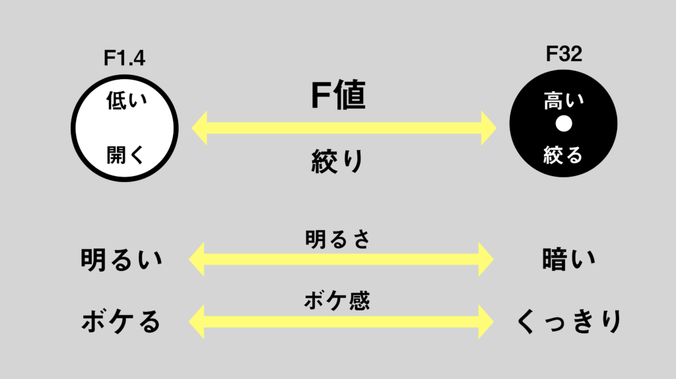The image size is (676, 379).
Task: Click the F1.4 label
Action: coord(124,58)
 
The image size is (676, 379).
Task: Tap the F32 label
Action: coord(564,54)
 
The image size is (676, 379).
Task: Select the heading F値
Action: coord(339,95)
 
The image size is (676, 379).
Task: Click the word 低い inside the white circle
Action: coord(126,100)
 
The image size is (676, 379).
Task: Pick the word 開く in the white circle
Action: coord(125,155)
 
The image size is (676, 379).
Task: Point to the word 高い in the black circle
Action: coord(564,100)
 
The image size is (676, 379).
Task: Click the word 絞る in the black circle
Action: coord(563,155)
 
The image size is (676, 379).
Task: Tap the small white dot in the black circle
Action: coord(564,124)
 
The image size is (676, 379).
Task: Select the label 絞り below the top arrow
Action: coord(337,161)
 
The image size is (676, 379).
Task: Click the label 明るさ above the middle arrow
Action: coord(337,239)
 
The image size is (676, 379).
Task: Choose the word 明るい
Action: coord(121,259)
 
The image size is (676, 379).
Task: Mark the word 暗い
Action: coord(568,259)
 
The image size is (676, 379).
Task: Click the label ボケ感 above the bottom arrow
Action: coord(337,301)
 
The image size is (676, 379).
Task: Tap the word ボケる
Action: coord(121,321)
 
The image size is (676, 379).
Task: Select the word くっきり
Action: coord(569,321)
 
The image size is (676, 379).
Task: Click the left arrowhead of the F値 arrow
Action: coord(199,128)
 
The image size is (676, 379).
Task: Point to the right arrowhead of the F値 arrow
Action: coord(489,128)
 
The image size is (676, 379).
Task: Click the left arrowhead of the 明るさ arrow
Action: coord(197,259)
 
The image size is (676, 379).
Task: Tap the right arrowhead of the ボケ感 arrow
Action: coord(486,321)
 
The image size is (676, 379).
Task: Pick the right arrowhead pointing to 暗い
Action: coord(486,259)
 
